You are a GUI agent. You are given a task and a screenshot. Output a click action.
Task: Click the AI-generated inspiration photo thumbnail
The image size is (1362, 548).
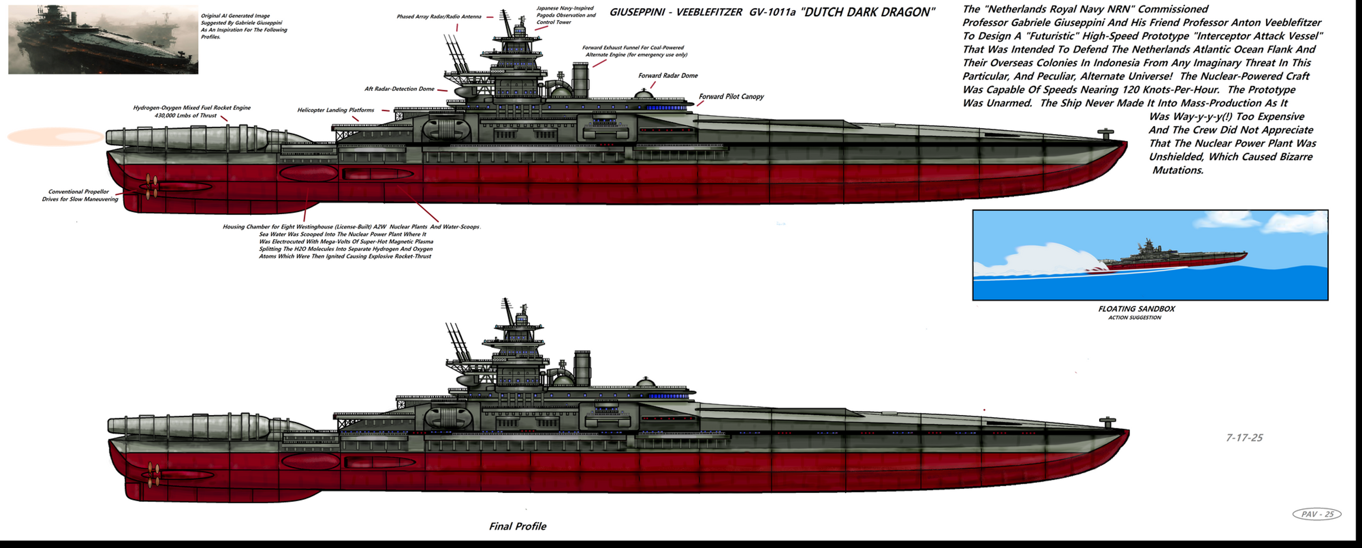[103, 40]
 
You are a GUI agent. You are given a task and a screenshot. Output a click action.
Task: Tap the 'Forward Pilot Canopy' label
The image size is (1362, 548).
[731, 96]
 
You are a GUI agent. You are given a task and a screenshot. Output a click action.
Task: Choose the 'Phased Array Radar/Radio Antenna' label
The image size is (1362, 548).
[439, 16]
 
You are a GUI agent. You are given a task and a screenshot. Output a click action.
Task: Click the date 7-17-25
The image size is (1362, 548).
[1244, 437]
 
